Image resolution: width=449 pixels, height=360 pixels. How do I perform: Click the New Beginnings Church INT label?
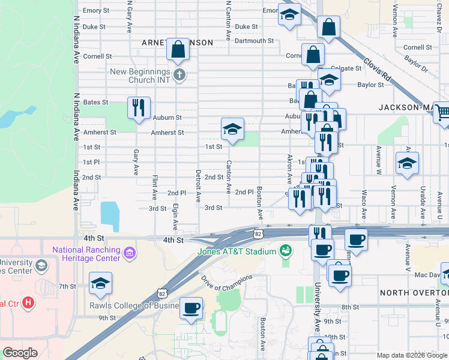(146, 76)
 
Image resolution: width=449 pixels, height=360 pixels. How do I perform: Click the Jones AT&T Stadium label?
(237, 251)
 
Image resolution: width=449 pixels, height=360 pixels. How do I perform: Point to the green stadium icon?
(286, 249)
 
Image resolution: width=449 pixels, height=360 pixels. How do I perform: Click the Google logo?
(20, 353)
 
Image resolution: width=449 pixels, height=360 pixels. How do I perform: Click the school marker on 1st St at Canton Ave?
(232, 128)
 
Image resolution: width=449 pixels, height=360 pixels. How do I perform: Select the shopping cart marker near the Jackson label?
(443, 112)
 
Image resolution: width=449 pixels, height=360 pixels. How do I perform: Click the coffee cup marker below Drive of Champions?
(191, 308)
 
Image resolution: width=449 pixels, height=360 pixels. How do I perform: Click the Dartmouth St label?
(254, 41)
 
